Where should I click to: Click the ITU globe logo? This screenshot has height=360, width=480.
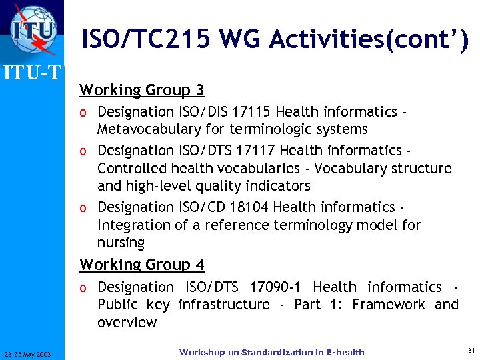click(x=32, y=30)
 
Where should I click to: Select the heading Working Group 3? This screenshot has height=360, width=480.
click(x=142, y=90)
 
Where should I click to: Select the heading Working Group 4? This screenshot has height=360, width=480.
click(x=142, y=265)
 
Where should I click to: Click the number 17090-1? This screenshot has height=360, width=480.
click(x=275, y=287)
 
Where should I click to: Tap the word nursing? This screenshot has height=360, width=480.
click(x=121, y=243)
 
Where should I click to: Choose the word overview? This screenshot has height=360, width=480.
click(x=127, y=323)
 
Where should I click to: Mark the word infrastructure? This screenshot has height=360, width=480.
click(x=224, y=305)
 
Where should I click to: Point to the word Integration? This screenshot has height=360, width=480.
click(x=134, y=225)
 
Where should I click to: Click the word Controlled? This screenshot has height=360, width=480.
click(x=132, y=169)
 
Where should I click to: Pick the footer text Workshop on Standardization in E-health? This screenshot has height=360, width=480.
click(x=272, y=352)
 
